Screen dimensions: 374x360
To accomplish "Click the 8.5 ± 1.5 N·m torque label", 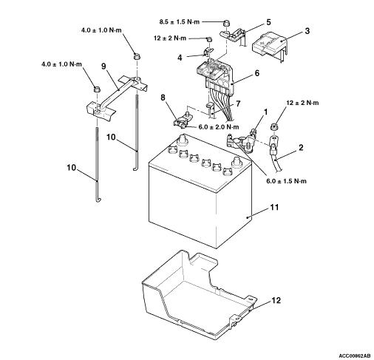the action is (180, 22).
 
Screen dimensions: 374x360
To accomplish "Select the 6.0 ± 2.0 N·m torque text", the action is (219, 127).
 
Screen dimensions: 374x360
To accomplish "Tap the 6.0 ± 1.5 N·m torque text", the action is (286, 181).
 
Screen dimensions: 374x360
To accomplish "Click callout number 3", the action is (307, 31).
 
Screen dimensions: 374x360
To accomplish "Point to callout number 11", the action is (274, 207).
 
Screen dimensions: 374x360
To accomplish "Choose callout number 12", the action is (276, 300).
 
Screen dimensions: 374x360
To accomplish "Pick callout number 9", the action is (103, 66).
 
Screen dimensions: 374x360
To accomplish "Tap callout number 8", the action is (163, 98).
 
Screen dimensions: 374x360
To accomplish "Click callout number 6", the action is (257, 73).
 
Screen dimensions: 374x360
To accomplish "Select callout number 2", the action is (301, 148).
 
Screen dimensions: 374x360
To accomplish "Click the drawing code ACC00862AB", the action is (354, 356).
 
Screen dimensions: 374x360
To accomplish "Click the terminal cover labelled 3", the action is (270, 47).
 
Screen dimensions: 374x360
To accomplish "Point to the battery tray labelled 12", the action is (199, 294).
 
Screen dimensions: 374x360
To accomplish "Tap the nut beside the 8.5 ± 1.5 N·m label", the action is (226, 24).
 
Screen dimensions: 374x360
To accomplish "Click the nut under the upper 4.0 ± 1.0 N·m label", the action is (137, 56).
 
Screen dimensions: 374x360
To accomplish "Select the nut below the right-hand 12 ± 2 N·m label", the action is (274, 127).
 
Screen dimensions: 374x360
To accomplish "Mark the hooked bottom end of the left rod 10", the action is (98, 200).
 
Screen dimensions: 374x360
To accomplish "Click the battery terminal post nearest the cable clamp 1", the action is (237, 163).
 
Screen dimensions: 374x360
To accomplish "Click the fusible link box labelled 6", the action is (215, 76).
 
